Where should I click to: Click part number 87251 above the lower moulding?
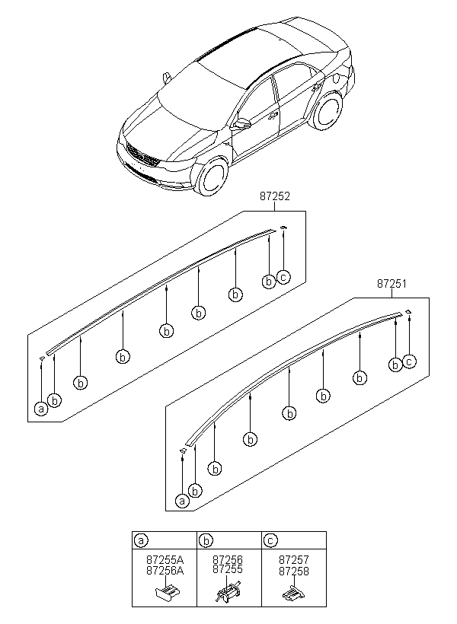point(390,283)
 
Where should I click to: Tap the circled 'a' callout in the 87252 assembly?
point(40,409)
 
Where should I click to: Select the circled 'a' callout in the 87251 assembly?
point(182,500)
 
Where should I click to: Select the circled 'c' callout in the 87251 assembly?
point(409,361)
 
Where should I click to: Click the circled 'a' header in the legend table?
point(141,540)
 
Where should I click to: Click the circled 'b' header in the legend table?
point(206,540)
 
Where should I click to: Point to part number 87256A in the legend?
point(165,569)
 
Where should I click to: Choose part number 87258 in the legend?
point(293,569)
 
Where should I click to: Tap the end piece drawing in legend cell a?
point(168,591)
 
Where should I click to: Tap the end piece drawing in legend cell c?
point(292,592)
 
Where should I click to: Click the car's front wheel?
point(211,177)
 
